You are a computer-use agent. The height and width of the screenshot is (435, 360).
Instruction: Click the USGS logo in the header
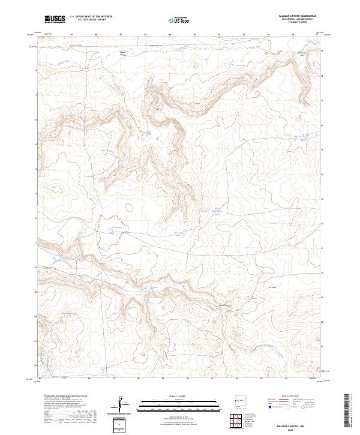pyautogui.click(x=55, y=20)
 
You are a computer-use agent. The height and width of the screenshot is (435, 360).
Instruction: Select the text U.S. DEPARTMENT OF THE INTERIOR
pyautogui.click(x=91, y=17)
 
